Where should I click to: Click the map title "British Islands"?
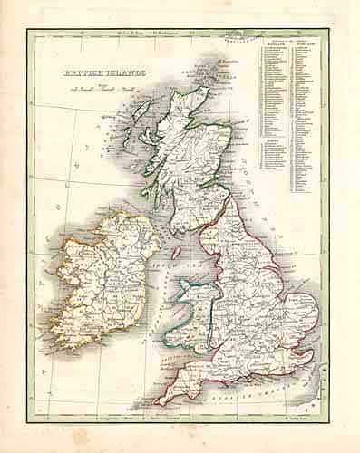pyautogui.click(x=93, y=78)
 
